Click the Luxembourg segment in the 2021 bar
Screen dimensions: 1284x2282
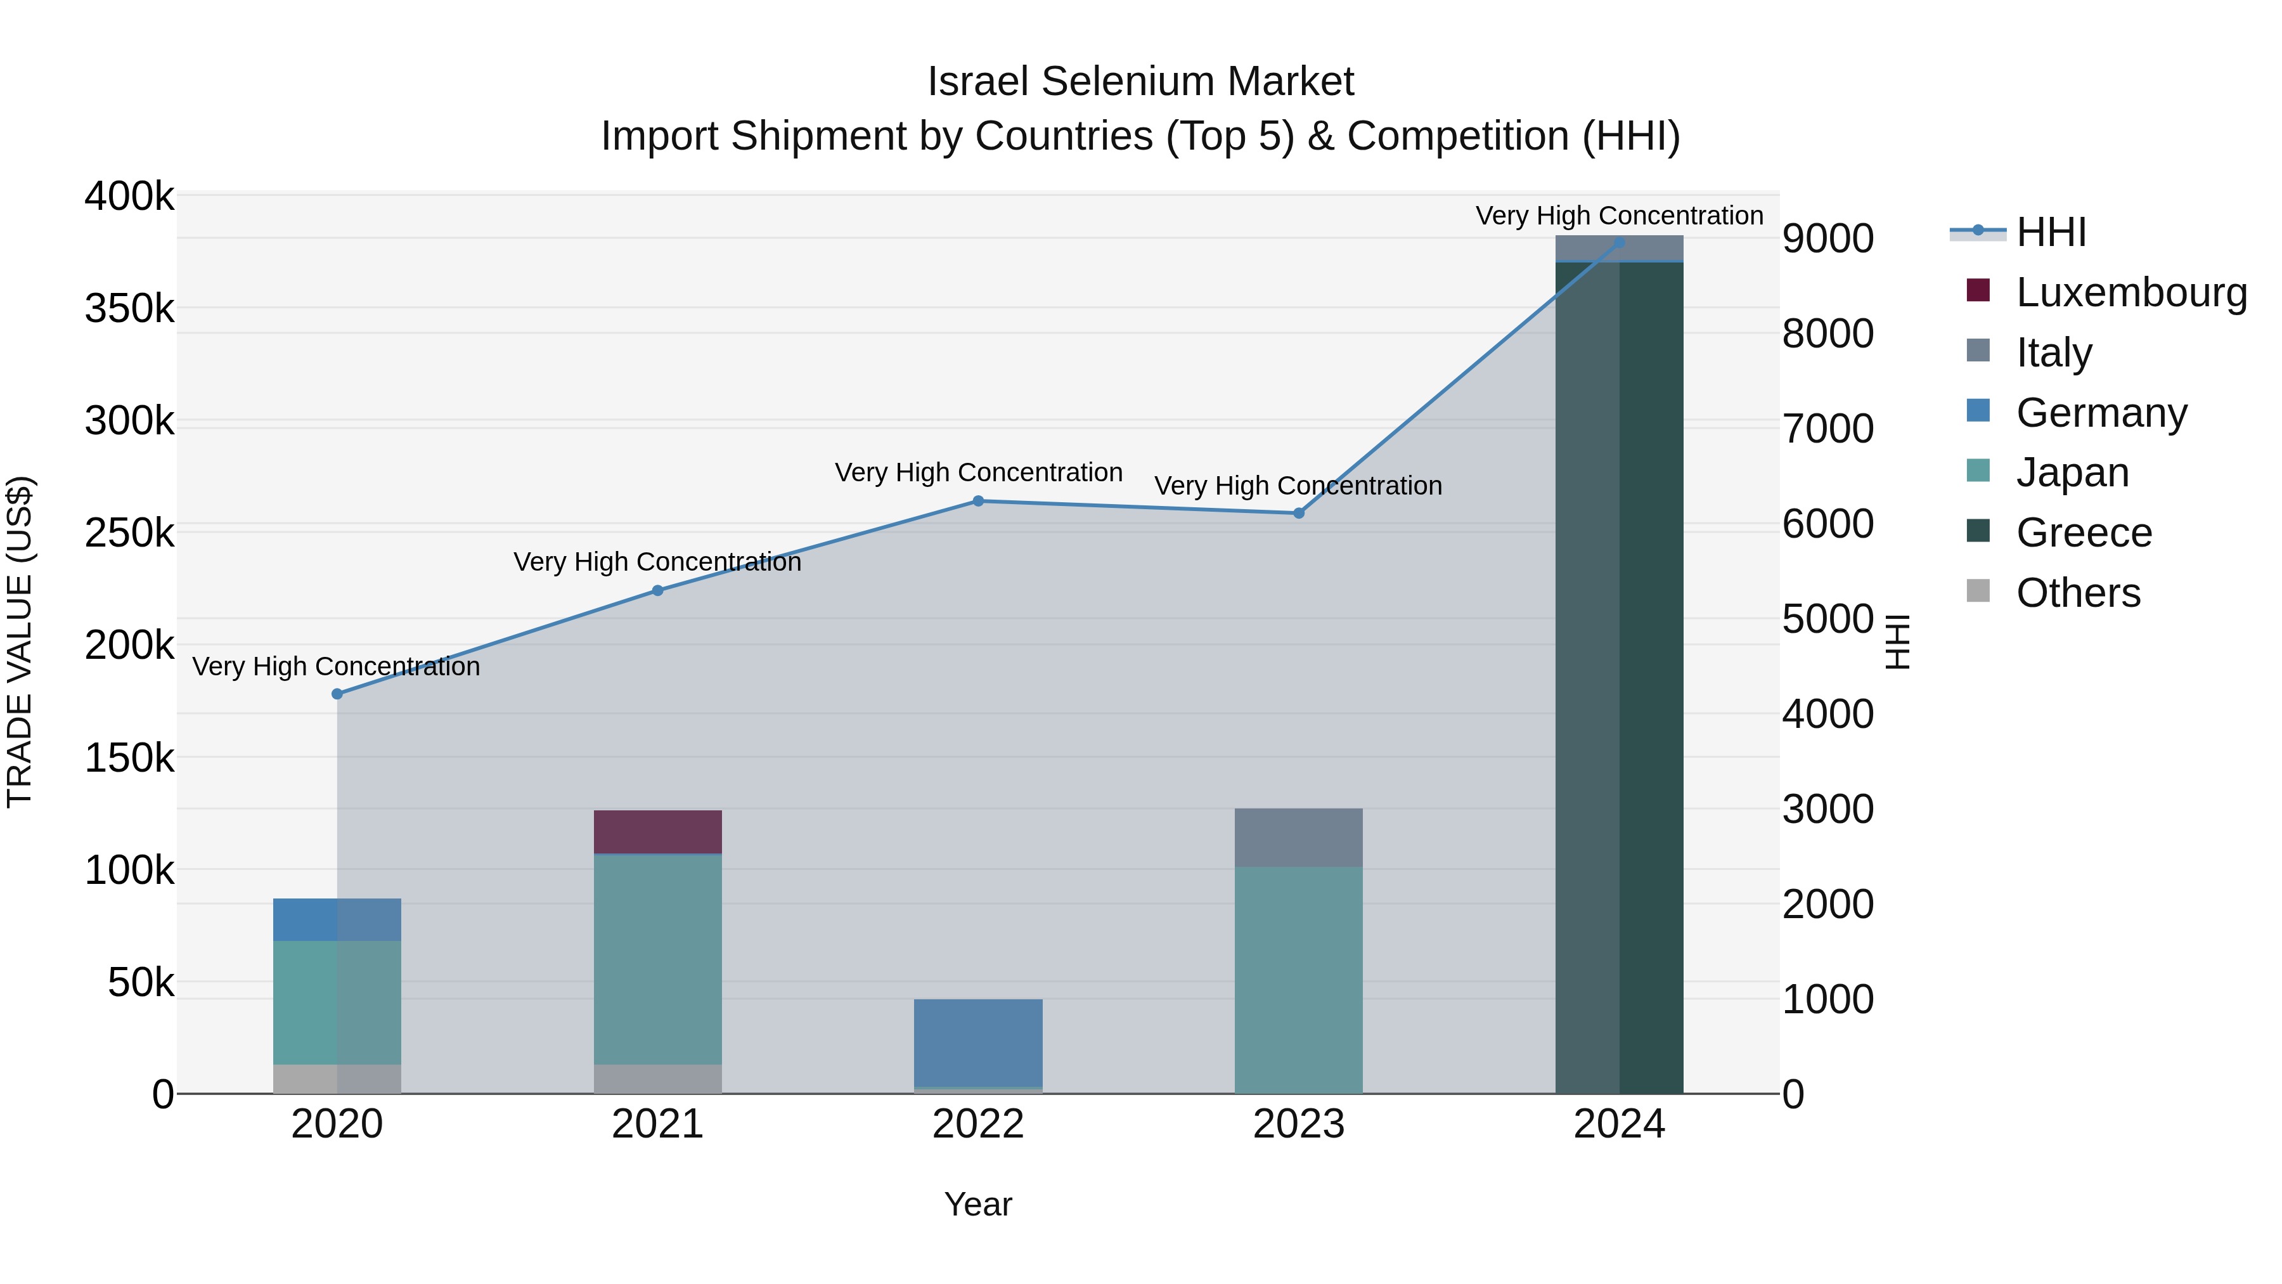657,831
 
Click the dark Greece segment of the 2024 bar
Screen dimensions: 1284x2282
1620,677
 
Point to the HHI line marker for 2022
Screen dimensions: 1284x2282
978,501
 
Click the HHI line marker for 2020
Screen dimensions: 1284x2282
337,694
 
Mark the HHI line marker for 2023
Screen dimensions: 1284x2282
1299,513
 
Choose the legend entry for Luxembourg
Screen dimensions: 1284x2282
2131,292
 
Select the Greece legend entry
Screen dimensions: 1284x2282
2083,533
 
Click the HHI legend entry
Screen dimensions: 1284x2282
2050,232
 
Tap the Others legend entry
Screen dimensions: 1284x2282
2077,593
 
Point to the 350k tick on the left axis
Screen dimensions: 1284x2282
129,309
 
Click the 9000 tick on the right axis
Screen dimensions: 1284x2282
1828,238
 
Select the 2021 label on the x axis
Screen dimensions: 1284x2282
657,1124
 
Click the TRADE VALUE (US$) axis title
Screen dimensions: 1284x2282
20,642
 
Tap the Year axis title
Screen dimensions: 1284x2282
978,1204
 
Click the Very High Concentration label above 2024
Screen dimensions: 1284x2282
1620,216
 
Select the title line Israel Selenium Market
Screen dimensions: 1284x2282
1140,82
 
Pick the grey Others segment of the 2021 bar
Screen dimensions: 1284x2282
657,1079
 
